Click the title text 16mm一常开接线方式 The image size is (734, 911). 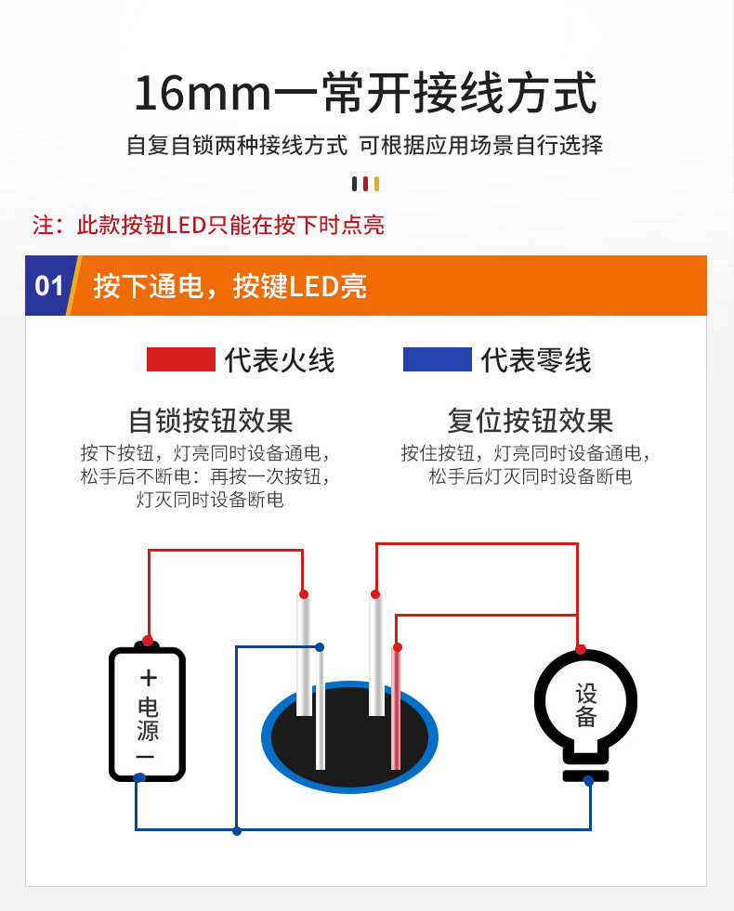[x=365, y=94]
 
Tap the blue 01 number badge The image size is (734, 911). [x=48, y=285]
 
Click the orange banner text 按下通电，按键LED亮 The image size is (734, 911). [x=230, y=286]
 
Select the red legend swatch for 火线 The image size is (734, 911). [x=180, y=359]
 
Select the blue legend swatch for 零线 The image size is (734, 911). [x=437, y=359]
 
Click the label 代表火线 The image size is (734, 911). [x=280, y=360]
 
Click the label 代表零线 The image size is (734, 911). [x=536, y=360]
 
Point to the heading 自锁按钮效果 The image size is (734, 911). [x=211, y=421]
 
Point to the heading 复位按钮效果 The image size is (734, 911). [x=531, y=421]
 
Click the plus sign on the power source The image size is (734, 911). [x=148, y=677]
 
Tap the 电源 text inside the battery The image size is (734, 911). [x=148, y=718]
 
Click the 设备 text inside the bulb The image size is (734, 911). [x=585, y=706]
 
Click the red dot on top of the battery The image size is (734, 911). [x=148, y=641]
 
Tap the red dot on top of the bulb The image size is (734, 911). [x=581, y=649]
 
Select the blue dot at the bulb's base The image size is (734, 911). [x=589, y=781]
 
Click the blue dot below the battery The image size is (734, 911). [x=138, y=777]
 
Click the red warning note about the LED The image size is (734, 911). [x=209, y=225]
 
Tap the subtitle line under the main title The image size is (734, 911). [x=365, y=146]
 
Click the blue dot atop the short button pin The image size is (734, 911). [x=320, y=647]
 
